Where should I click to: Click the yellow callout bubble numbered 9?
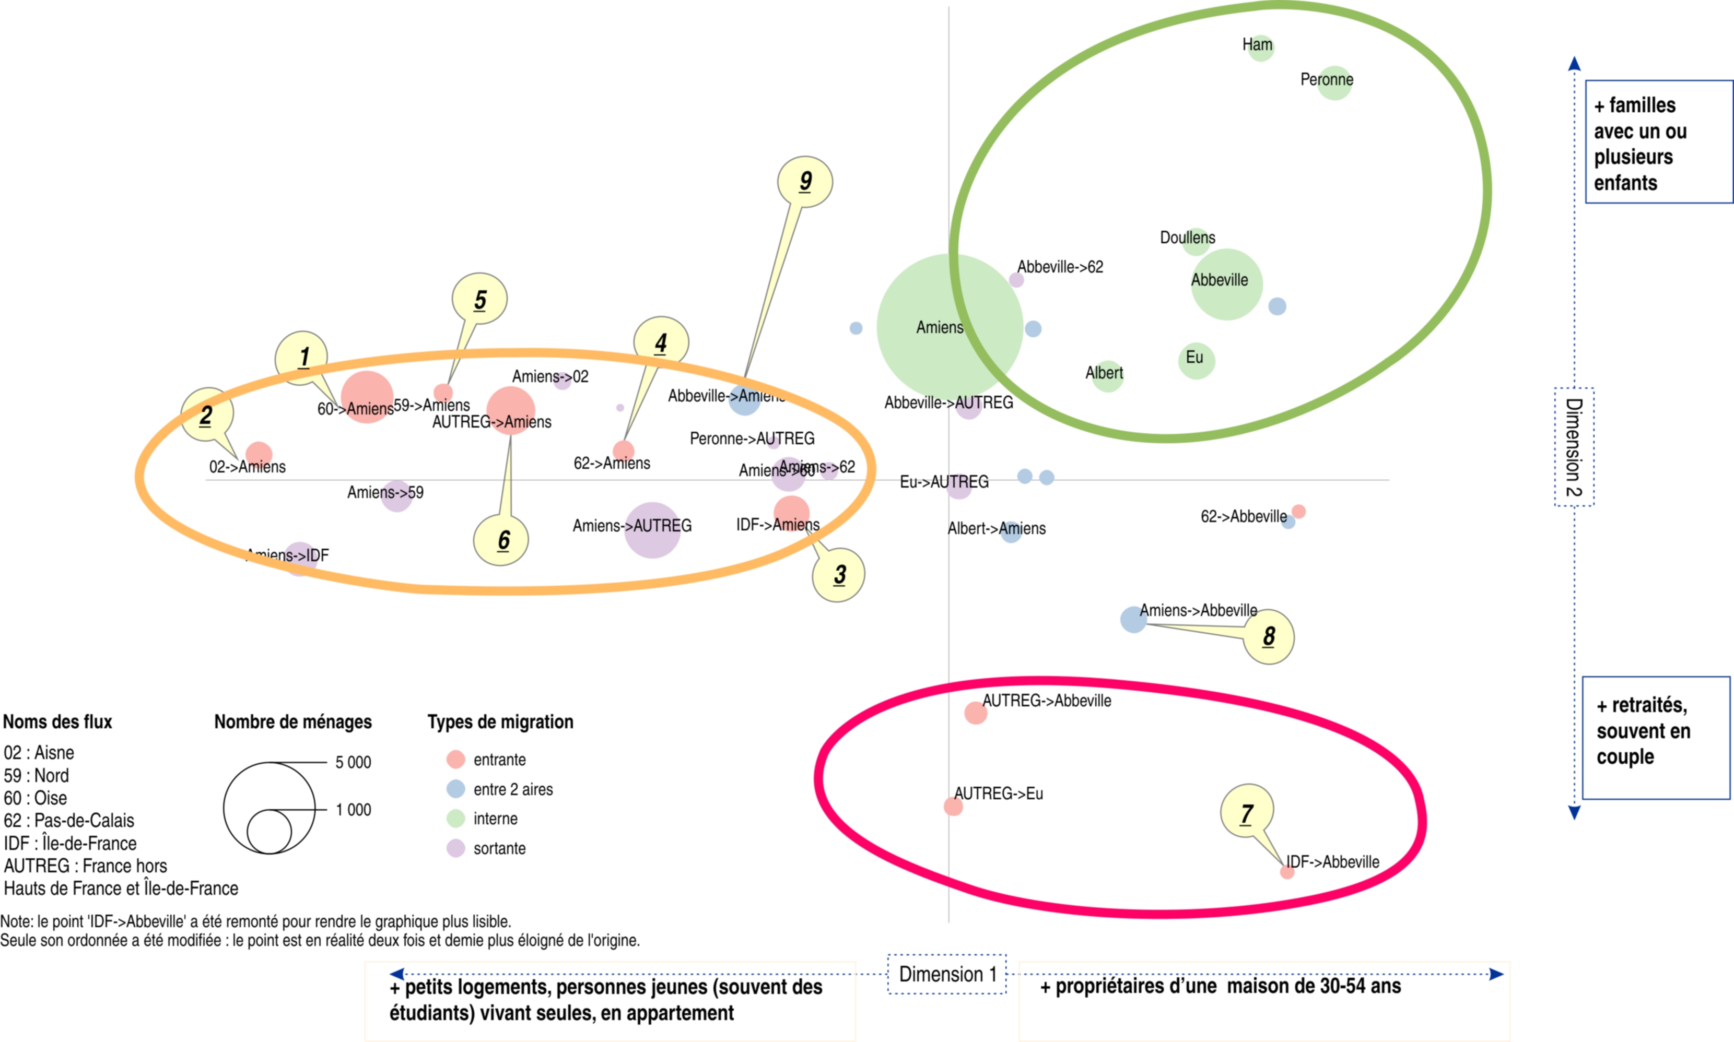[x=805, y=182]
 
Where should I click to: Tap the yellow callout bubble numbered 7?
[x=1247, y=812]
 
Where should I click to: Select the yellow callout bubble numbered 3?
[x=839, y=574]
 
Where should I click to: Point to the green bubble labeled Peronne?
[x=1334, y=83]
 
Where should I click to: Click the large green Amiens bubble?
[x=950, y=326]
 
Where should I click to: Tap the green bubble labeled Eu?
[x=1196, y=361]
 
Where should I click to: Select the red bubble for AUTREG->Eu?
[x=953, y=806]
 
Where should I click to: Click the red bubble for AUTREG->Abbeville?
[x=976, y=713]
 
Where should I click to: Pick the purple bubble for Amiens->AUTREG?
[x=652, y=530]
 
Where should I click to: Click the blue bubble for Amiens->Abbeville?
[x=1133, y=619]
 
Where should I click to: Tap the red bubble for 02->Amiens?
[x=259, y=454]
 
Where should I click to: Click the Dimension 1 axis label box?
[x=947, y=974]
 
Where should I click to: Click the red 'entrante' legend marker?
[x=456, y=759]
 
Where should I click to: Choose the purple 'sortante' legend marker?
[x=456, y=848]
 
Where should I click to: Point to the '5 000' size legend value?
[x=353, y=762]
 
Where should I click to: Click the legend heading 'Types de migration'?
[x=500, y=722]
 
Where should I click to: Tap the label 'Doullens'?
[x=1187, y=238]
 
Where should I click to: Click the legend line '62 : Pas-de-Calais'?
[x=69, y=820]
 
